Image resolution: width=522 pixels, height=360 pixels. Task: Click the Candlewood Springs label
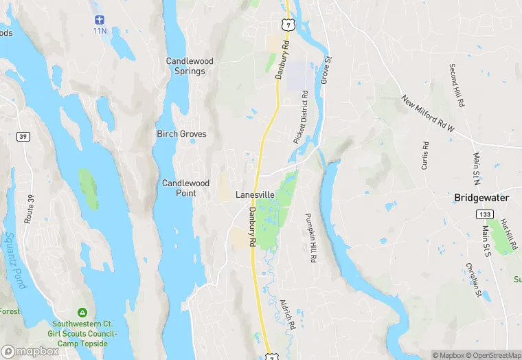click(190, 66)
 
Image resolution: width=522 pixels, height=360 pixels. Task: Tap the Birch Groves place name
click(181, 134)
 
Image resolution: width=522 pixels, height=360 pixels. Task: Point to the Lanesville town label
click(255, 195)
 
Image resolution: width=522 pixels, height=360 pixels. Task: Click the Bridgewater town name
click(481, 197)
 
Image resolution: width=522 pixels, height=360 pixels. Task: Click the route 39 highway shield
click(22, 137)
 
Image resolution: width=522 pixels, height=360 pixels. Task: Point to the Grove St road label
click(327, 69)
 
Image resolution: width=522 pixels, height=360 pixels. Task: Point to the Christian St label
click(473, 280)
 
